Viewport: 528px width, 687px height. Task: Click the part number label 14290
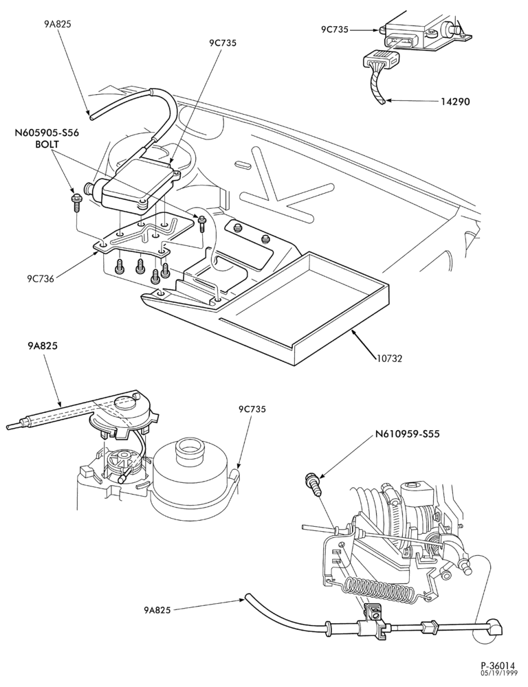pos(455,102)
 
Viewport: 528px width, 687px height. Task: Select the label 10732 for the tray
pos(389,359)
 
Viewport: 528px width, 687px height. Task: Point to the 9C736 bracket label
pos(41,279)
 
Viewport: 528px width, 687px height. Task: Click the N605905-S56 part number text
pos(47,133)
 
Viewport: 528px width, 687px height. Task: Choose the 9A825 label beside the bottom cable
pos(157,609)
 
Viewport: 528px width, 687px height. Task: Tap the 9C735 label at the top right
pos(334,30)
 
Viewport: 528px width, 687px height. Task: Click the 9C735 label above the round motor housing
pos(252,409)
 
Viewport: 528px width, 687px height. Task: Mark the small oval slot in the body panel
pos(243,164)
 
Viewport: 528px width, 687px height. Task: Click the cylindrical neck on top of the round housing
pos(190,450)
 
